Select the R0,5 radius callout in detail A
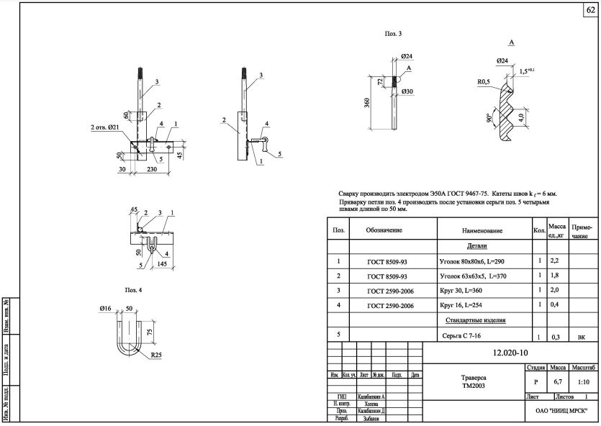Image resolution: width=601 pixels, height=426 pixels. click(484, 82)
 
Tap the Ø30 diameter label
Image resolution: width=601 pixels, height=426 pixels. click(406, 91)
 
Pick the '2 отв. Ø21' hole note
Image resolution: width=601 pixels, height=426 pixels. click(109, 127)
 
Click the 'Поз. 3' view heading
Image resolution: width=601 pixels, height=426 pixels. click(393, 33)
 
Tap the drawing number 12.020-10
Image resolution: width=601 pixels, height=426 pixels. click(510, 353)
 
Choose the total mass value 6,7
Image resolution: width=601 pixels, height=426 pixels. click(557, 382)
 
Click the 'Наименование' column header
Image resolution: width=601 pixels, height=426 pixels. click(482, 230)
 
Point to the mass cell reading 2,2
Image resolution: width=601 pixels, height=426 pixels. click(555, 260)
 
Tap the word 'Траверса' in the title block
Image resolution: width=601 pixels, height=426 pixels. click(474, 377)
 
